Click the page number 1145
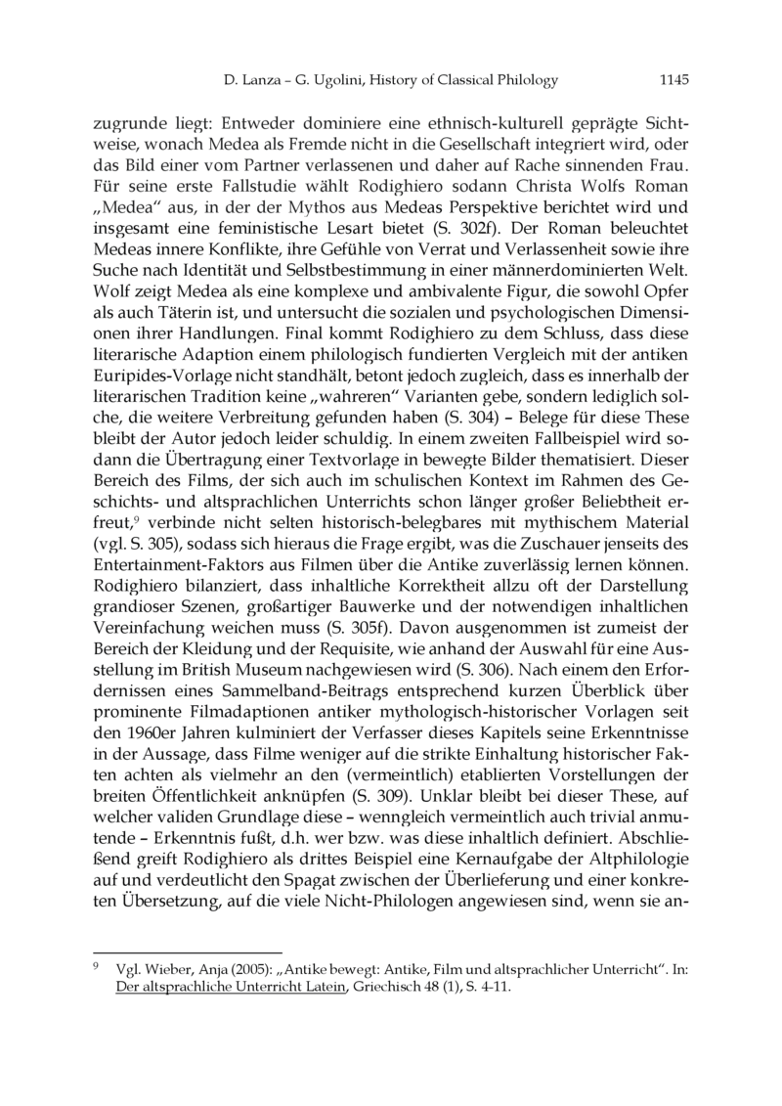pyautogui.click(x=674, y=80)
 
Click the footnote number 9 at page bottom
pyautogui.click(x=95, y=969)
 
